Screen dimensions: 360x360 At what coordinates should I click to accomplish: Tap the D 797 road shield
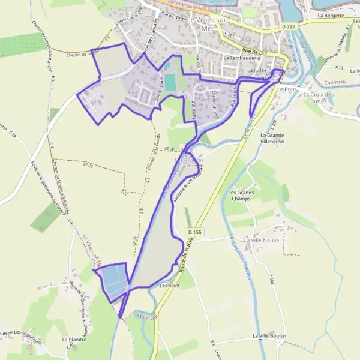point(289,28)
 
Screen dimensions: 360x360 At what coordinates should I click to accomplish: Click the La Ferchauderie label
point(242,58)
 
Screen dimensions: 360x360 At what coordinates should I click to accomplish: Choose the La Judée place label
point(256,70)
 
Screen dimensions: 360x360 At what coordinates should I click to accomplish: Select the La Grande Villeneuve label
point(272,139)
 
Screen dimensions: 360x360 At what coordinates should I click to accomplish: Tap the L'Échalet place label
point(170,286)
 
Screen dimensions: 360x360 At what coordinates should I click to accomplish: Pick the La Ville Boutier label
point(269,335)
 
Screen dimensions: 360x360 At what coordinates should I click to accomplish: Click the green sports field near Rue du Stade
point(171,82)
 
